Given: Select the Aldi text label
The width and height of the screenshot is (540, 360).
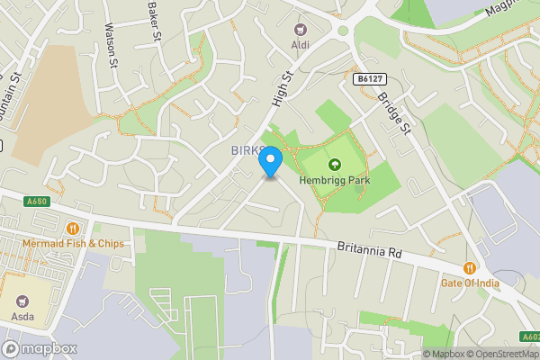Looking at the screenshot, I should (x=298, y=44).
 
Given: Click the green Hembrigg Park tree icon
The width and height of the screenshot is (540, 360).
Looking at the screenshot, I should (x=335, y=165).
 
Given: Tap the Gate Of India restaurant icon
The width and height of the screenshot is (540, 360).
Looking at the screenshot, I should (x=470, y=268).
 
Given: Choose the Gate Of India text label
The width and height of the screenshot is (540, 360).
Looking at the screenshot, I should (x=470, y=283).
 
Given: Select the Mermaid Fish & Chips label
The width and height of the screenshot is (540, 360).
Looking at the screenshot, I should (x=75, y=244).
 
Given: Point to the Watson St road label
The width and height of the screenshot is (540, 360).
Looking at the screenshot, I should (x=112, y=45).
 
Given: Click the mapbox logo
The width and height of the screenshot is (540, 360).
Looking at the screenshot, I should (x=40, y=348).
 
